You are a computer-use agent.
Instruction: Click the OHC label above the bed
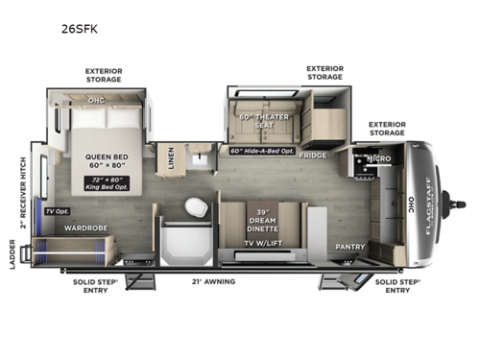[96, 99]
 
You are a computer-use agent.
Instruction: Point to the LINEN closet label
[171, 158]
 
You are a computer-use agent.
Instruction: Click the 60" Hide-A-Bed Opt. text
[264, 151]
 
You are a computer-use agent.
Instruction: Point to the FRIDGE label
[312, 155]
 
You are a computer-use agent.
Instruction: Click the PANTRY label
[349, 246]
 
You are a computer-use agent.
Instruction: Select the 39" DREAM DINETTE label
[262, 222]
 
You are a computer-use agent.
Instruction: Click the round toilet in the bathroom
[197, 208]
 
